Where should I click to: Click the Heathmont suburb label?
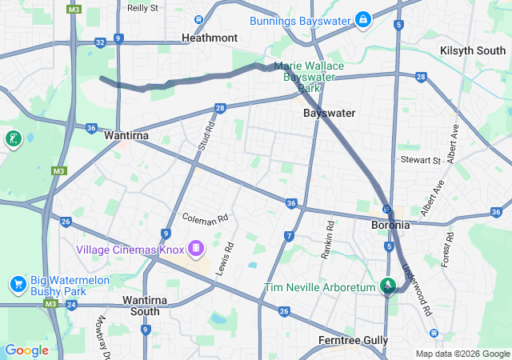pos(210,38)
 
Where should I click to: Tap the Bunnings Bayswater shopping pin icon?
pos(362,18)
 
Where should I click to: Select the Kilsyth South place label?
pos(473,50)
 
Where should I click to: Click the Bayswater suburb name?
pos(330,113)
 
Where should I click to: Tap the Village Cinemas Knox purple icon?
pos(194,249)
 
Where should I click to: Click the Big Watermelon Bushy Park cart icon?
pos(18,284)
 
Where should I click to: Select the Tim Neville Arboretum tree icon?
pos(388,285)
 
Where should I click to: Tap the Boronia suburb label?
pos(390,225)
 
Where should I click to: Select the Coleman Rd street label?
pos(206,218)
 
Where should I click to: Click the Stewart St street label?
pos(421,160)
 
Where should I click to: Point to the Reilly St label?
pos(142,7)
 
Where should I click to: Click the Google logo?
pos(26,350)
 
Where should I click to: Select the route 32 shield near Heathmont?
pos(100,42)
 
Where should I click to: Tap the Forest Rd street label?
pos(449,250)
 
